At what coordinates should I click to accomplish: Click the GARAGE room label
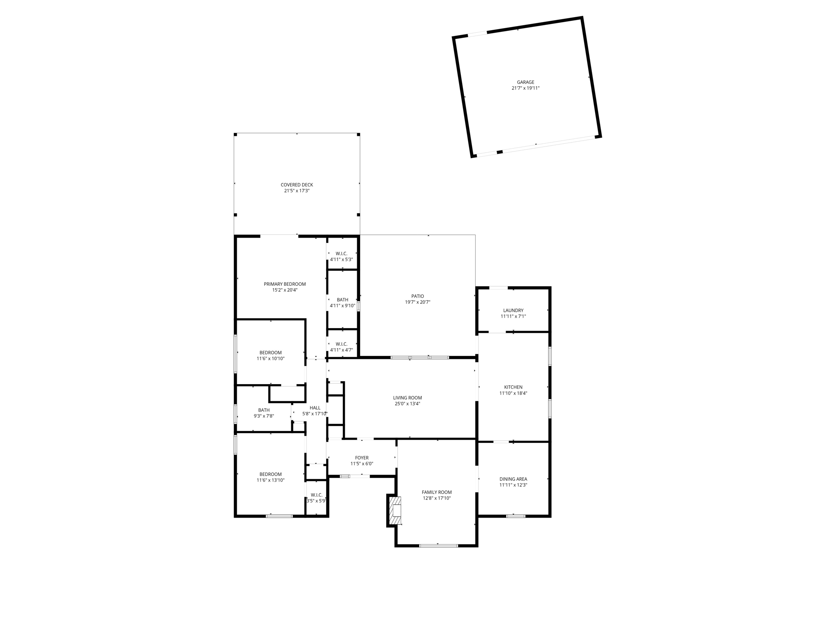click(525, 82)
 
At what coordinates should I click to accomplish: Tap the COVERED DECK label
click(297, 185)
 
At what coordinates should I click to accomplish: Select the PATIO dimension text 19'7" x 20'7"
click(418, 302)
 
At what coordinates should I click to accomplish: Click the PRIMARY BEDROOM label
click(285, 284)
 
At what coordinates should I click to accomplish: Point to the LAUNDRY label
click(513, 311)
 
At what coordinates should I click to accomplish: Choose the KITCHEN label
click(513, 387)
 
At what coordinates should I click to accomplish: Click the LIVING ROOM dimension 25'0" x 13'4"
click(407, 404)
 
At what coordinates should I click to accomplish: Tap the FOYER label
click(362, 458)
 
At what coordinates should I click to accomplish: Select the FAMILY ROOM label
click(436, 492)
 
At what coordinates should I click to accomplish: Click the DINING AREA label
click(513, 479)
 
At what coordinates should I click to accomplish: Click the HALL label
click(315, 408)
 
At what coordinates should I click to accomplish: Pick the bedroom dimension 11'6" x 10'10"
click(270, 359)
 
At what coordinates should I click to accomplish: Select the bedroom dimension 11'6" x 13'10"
click(270, 480)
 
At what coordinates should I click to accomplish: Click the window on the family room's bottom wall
click(438, 546)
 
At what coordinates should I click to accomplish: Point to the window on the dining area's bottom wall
click(516, 516)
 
